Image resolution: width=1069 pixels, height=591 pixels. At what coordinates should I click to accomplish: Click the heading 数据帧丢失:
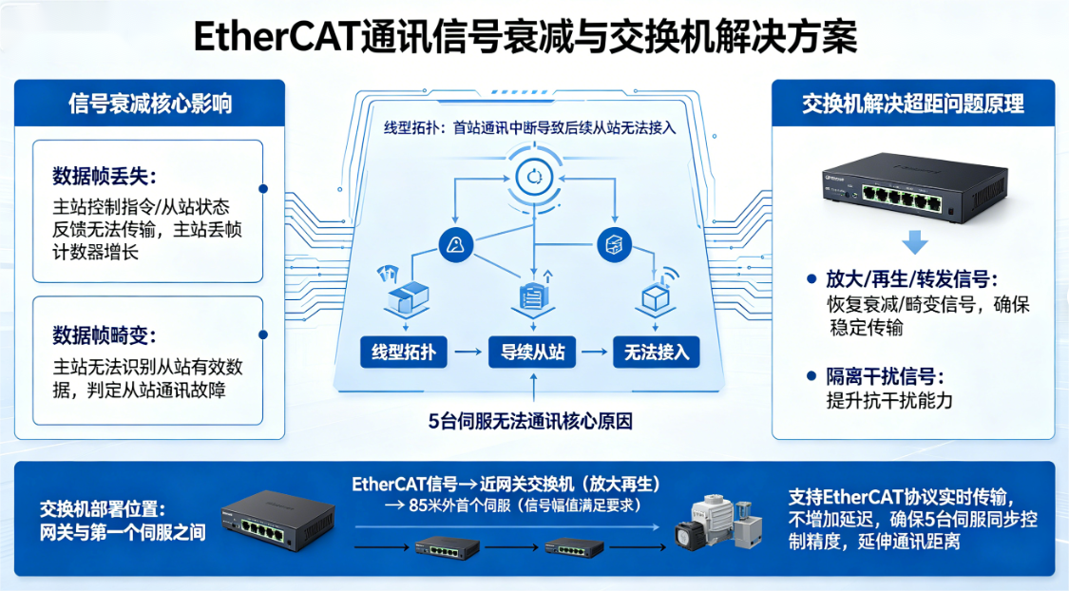pos(105,177)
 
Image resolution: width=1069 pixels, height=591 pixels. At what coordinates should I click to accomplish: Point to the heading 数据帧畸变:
pos(105,335)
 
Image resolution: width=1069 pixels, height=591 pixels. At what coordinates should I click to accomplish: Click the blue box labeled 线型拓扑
pos(398,353)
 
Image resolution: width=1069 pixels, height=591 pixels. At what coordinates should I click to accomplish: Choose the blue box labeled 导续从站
pos(533,353)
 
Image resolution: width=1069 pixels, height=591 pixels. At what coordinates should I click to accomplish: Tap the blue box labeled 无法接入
pos(656,353)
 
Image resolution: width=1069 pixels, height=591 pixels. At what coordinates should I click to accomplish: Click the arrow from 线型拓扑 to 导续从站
pos(467,353)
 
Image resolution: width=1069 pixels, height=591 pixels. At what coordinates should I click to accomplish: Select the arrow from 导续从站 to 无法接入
pos(595,353)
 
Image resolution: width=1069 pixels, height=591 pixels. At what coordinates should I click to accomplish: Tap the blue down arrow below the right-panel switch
pos(914,242)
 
